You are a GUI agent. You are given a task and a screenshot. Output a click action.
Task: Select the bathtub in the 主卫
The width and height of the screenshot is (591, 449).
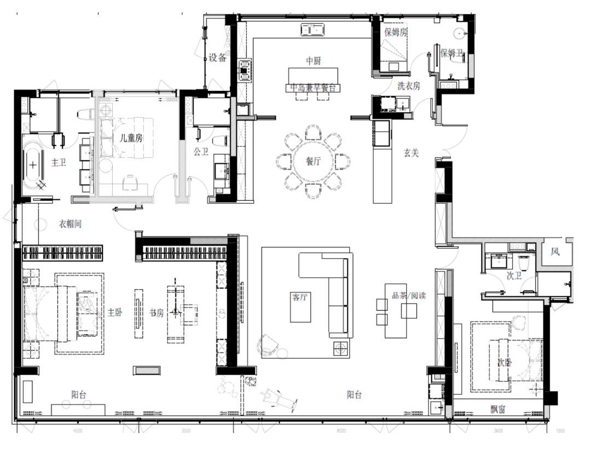(x=34, y=164)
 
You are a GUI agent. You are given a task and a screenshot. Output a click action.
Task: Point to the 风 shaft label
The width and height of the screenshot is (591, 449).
(x=555, y=252)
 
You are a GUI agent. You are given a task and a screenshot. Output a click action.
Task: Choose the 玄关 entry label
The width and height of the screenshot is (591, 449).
(x=411, y=154)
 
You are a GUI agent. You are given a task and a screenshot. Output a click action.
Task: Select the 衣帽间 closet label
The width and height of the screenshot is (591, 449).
(x=70, y=224)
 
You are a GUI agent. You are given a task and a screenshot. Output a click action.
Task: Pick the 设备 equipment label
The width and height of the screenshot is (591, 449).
(x=218, y=58)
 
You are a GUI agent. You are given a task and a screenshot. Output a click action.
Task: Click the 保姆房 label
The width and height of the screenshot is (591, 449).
(x=396, y=32)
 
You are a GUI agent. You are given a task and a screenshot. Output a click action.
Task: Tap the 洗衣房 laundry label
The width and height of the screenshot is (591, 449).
(x=409, y=86)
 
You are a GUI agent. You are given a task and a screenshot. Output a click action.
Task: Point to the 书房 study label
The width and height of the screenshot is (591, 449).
(x=157, y=313)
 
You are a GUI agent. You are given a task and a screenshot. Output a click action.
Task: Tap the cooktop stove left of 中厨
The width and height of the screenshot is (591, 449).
(x=244, y=69)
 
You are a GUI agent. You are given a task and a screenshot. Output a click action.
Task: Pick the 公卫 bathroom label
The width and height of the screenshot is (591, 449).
(x=201, y=151)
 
